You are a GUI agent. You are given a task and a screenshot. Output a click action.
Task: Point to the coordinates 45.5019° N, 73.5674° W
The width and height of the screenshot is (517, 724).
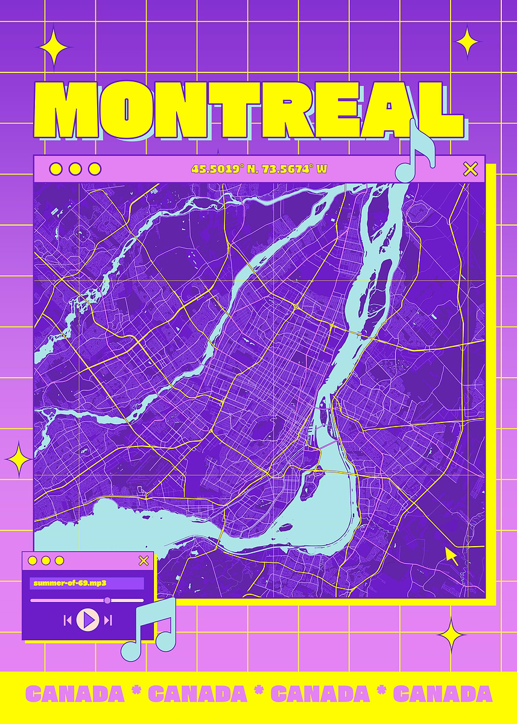coord(259,169)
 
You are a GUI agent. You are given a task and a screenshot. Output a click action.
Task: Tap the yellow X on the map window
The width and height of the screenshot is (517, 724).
coord(470,169)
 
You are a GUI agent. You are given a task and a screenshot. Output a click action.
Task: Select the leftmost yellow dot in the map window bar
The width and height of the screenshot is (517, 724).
coord(56,169)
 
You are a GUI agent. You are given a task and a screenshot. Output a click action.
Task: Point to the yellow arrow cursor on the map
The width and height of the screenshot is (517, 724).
coord(451,554)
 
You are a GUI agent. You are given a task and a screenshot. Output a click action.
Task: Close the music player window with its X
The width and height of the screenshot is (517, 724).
coord(144,560)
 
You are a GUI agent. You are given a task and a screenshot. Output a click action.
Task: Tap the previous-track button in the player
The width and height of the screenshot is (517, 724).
coord(68,620)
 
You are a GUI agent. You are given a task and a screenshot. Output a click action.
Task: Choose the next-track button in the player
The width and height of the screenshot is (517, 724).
coord(108,620)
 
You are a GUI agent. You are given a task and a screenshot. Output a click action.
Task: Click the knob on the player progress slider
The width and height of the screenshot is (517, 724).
coord(107,600)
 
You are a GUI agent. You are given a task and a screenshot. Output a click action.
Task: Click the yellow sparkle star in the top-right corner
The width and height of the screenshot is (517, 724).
coord(467,42)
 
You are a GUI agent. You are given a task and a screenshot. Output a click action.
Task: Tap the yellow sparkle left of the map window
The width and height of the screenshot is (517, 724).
coord(18,459)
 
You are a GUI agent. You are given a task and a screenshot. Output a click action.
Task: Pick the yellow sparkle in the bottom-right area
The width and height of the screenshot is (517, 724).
coord(451,635)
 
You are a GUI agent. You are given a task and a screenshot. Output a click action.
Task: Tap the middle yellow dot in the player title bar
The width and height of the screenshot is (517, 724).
coord(46,560)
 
